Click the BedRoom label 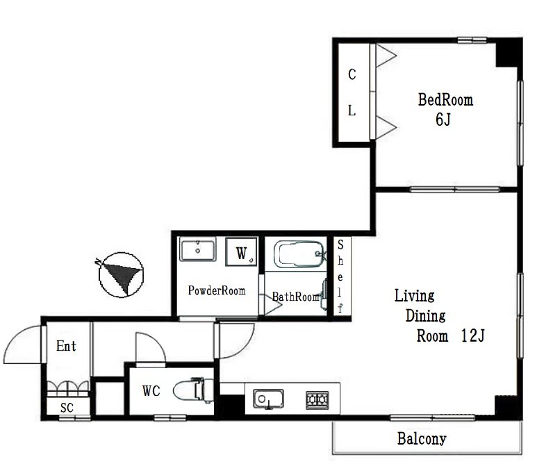pos(445,99)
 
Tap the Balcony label pos(422,439)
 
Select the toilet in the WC pos(193,390)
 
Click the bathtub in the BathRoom pos(299,254)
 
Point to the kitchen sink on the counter pos(268,399)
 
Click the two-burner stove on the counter pos(317,399)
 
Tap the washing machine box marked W pos(242,251)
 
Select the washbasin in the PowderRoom pos(197,249)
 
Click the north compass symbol pos(121,274)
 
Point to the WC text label pos(151,391)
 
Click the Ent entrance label pos(66,346)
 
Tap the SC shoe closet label pos(67,408)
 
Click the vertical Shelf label pos(340,276)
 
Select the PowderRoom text pos(217,290)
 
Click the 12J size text pos(472,335)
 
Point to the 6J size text pos(443,119)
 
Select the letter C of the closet pos(352,74)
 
